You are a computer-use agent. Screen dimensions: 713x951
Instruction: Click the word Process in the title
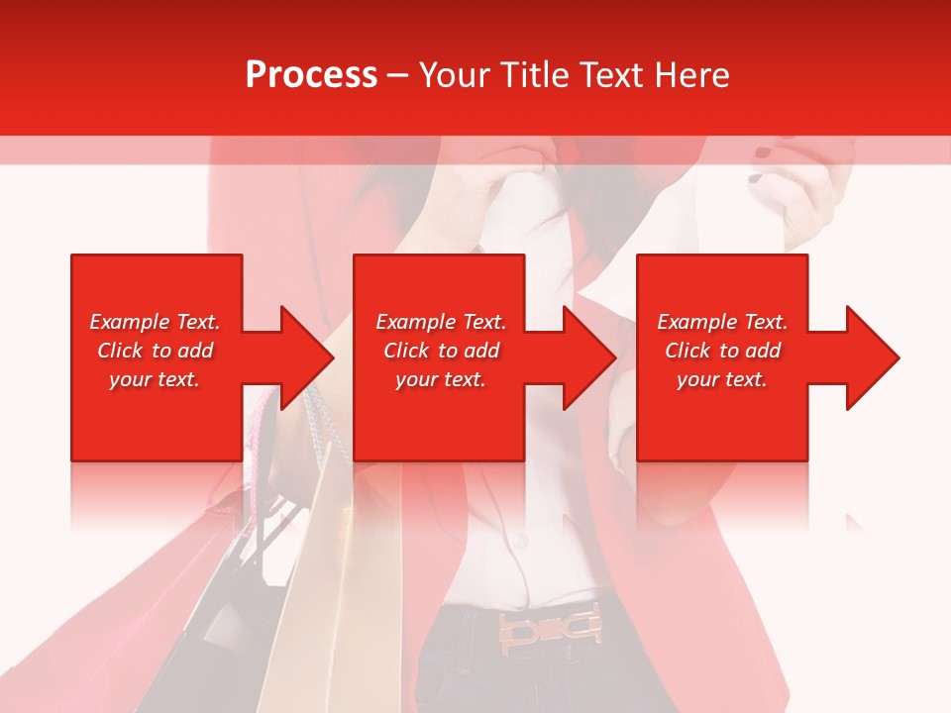pyautogui.click(x=311, y=75)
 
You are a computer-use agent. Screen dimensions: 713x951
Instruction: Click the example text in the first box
pyautogui.click(x=155, y=351)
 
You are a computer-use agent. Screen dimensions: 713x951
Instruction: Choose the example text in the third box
pyautogui.click(x=722, y=351)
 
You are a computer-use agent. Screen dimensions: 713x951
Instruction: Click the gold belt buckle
pyautogui.click(x=550, y=627)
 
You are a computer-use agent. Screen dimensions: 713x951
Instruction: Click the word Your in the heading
pyautogui.click(x=454, y=75)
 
